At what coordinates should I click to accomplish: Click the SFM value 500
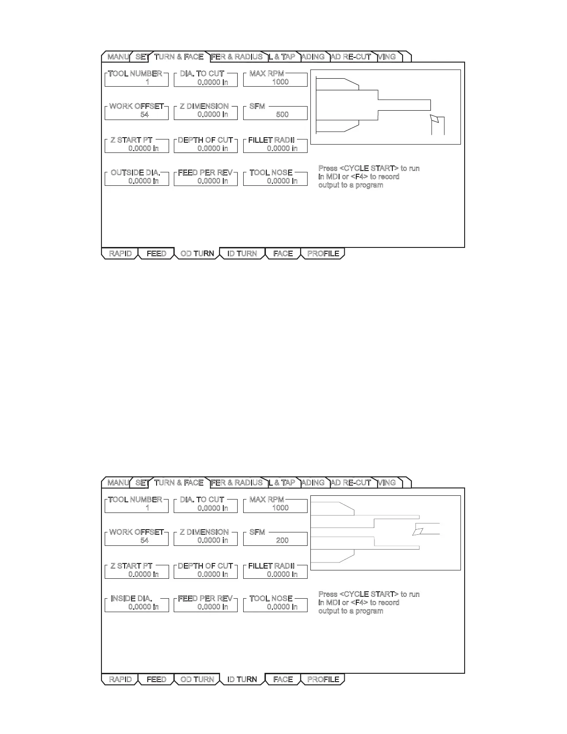[x=282, y=114]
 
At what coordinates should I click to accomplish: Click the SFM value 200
[x=282, y=540]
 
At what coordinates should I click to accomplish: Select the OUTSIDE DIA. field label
[x=135, y=173]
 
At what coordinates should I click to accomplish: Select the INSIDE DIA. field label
[x=132, y=599]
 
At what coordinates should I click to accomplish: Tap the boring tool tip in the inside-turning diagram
[x=418, y=531]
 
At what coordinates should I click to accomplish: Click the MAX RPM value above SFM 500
[x=280, y=82]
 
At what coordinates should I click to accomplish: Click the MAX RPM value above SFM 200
[x=280, y=508]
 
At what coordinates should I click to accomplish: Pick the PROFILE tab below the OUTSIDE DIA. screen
[x=323, y=253]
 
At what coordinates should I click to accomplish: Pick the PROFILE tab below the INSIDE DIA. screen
[x=323, y=679]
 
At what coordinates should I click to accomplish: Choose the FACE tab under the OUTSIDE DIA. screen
[x=283, y=253]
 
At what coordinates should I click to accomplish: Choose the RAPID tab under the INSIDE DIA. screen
[x=120, y=679]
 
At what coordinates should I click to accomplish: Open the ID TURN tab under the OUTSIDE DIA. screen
[x=242, y=253]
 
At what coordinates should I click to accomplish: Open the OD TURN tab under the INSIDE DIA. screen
[x=197, y=679]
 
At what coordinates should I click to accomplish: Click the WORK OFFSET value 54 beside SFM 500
[x=145, y=114]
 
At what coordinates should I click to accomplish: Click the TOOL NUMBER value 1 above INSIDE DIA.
[x=147, y=508]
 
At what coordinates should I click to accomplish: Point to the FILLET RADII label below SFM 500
[x=271, y=140]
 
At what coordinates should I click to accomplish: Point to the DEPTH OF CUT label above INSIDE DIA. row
[x=206, y=566]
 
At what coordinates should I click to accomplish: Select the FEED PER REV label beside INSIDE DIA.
[x=206, y=599]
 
